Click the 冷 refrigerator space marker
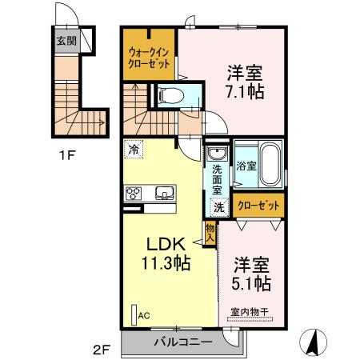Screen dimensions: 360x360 pyautogui.click(x=134, y=149)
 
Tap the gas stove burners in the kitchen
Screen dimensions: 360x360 pyautogui.click(x=133, y=192)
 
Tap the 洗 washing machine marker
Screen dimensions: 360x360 pyautogui.click(x=218, y=207)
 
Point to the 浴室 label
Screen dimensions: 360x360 pyautogui.click(x=246, y=166)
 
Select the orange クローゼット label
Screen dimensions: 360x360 pyautogui.click(x=259, y=206)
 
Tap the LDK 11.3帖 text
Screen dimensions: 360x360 pyautogui.click(x=166, y=253)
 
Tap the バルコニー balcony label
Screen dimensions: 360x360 pyautogui.click(x=184, y=342)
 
